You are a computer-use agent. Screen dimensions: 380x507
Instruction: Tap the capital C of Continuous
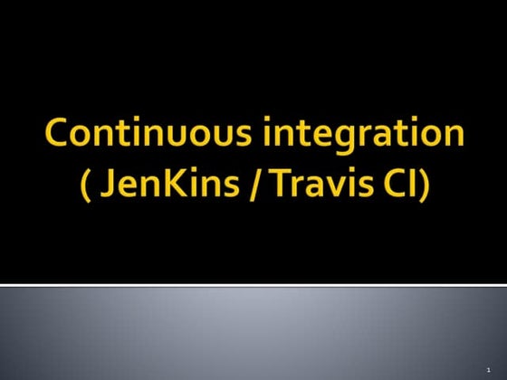coord(56,135)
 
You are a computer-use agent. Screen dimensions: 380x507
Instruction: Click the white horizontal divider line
coord(253,286)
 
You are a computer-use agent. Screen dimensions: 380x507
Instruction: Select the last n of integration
coord(454,137)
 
